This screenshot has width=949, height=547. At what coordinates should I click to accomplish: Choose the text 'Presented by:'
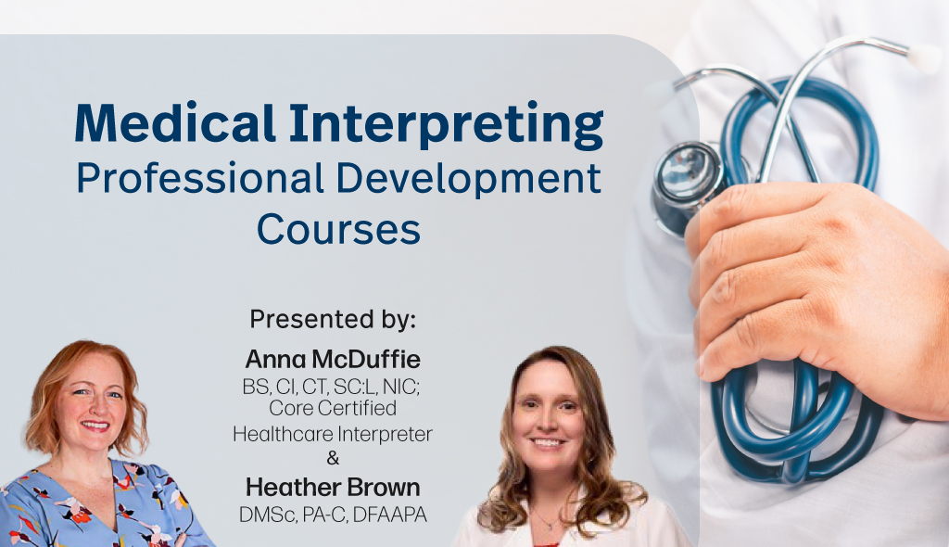coord(334,320)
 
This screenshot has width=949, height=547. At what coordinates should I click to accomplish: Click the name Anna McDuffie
coord(333,359)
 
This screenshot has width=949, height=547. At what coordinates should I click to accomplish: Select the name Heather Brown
coord(333,487)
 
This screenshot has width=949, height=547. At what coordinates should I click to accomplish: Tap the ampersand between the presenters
coord(333,458)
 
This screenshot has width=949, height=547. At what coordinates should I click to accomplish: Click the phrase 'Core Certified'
coord(333,408)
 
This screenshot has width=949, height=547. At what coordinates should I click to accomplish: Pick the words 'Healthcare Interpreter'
coord(333,433)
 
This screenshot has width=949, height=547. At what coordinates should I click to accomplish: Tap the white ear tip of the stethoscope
coord(923,58)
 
